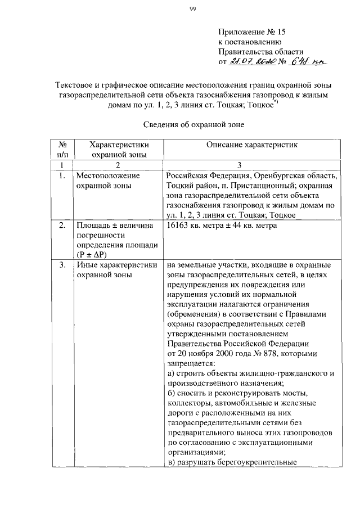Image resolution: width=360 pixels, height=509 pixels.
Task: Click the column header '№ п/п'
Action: (63, 149)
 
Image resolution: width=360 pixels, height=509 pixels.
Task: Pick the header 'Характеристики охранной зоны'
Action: (118, 149)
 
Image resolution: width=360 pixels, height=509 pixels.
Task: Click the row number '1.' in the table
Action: (63, 175)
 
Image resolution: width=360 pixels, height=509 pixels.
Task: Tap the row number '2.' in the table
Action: (63, 226)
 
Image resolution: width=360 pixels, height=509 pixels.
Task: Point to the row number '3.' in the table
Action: (63, 265)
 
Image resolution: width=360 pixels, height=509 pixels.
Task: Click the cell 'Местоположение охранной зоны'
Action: (107, 181)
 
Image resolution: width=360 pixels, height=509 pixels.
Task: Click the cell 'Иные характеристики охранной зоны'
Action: (116, 270)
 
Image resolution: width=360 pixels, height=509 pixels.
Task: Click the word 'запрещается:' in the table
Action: (191, 364)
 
